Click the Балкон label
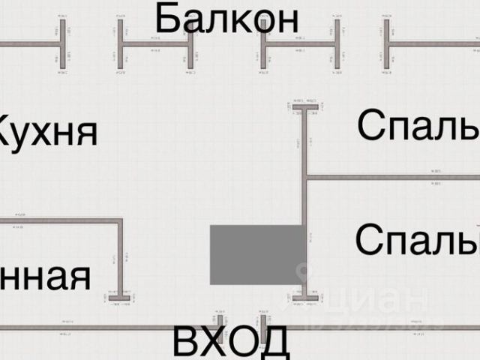(226, 18)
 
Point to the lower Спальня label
(417, 240)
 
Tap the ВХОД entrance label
(231, 342)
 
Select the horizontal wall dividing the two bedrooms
(390, 178)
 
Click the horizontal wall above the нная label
(60, 220)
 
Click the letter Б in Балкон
(167, 18)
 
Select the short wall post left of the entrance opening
(220, 320)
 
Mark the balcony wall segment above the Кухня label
(30, 43)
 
